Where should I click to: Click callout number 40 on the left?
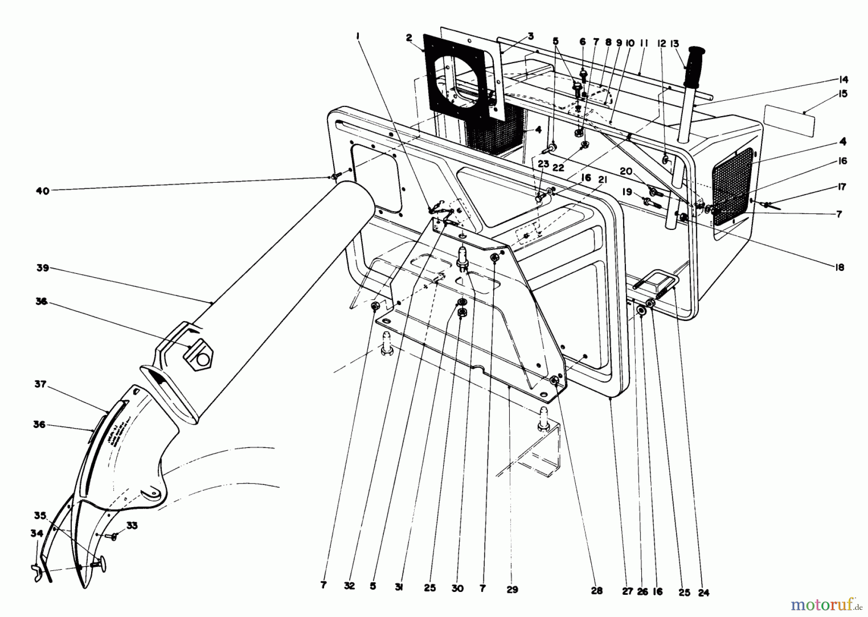pos(42,191)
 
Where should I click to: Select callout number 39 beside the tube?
pos(43,268)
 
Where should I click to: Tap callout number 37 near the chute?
pos(41,385)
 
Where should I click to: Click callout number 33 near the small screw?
pos(132,526)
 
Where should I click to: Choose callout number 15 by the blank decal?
pos(842,94)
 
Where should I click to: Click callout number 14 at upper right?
pos(843,80)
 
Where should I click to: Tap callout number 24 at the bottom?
pos(704,593)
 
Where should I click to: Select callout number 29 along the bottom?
pos(513,589)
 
